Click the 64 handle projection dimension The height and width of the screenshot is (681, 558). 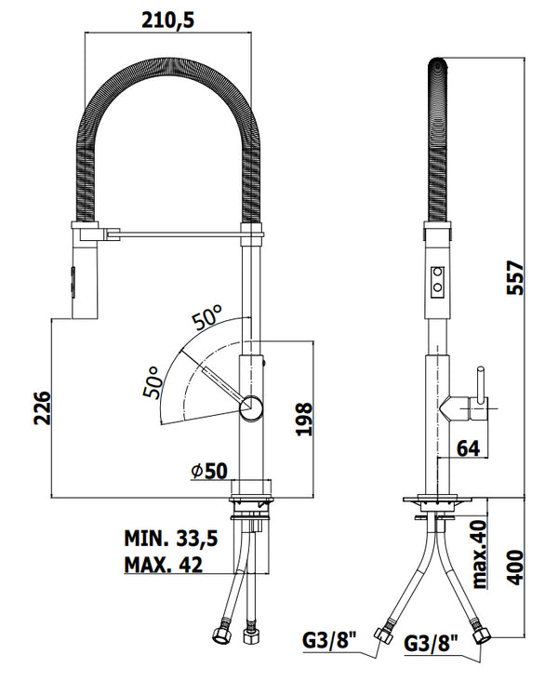pyautogui.click(x=468, y=447)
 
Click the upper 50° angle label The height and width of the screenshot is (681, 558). pyautogui.click(x=207, y=317)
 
